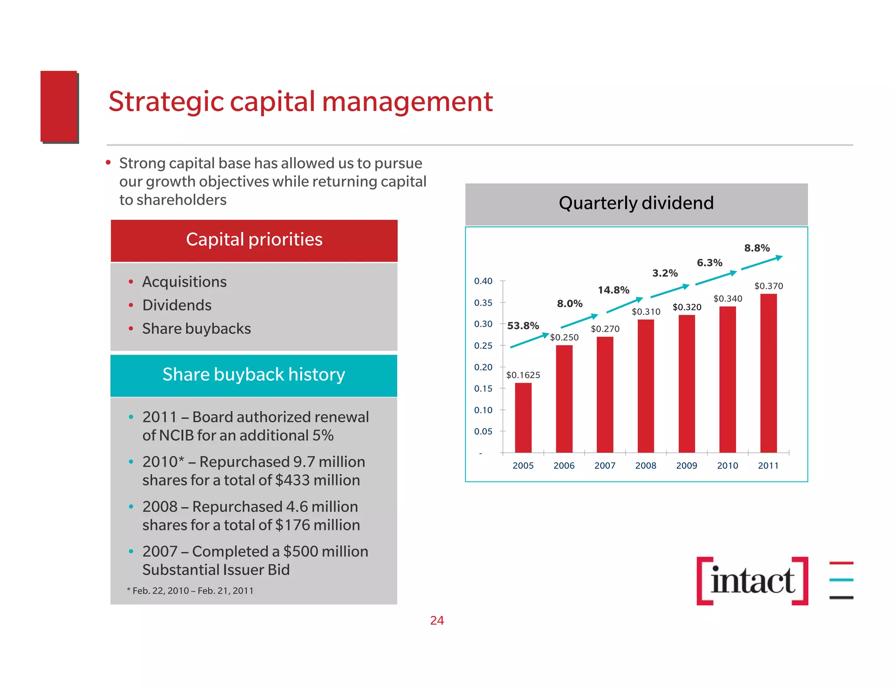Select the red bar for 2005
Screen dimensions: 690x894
(x=523, y=417)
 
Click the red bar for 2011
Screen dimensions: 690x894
(x=768, y=373)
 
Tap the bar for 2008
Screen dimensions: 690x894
(x=646, y=386)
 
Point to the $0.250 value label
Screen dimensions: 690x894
(x=564, y=337)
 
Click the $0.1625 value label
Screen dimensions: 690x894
(x=523, y=375)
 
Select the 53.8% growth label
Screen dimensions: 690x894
(x=523, y=326)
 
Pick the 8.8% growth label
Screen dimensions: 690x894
(x=757, y=248)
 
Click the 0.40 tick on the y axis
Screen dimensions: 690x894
(x=483, y=281)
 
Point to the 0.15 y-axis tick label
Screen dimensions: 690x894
(x=483, y=389)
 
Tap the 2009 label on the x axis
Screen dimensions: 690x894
(x=687, y=466)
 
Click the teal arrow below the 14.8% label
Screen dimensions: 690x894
(x=624, y=306)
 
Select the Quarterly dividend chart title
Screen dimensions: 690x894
(x=636, y=203)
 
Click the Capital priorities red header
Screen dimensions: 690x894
(x=254, y=240)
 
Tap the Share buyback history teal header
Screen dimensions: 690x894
(x=254, y=375)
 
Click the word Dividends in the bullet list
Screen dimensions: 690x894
(x=177, y=305)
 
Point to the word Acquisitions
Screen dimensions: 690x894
(x=184, y=282)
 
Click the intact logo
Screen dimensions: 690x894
(x=752, y=581)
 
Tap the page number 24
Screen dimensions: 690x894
(x=437, y=620)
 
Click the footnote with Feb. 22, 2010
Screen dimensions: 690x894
(x=190, y=591)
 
